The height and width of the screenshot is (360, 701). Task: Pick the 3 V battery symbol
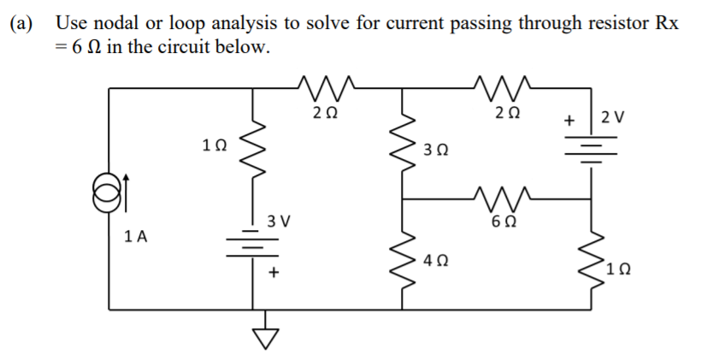point(253,242)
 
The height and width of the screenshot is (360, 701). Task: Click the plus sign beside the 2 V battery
point(568,121)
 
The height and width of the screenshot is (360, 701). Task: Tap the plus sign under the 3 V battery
point(274,273)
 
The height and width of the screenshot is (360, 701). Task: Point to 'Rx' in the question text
point(668,23)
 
